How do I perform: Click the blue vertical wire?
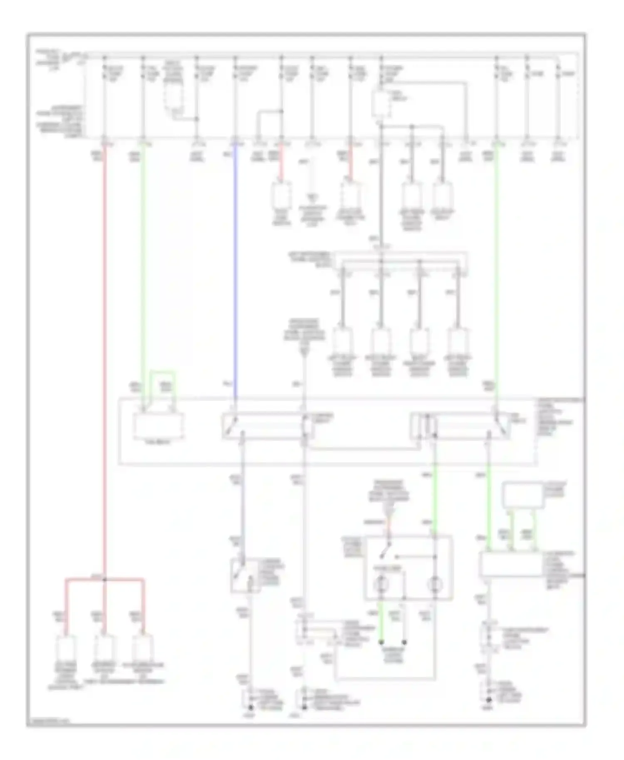click(x=235, y=270)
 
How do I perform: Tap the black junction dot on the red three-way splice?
click(x=105, y=579)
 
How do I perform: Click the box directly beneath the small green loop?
click(x=158, y=426)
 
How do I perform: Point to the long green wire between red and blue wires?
click(x=144, y=270)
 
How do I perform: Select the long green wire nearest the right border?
click(x=497, y=270)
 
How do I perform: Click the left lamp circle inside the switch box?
click(x=380, y=585)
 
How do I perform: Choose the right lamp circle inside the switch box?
click(x=435, y=585)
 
